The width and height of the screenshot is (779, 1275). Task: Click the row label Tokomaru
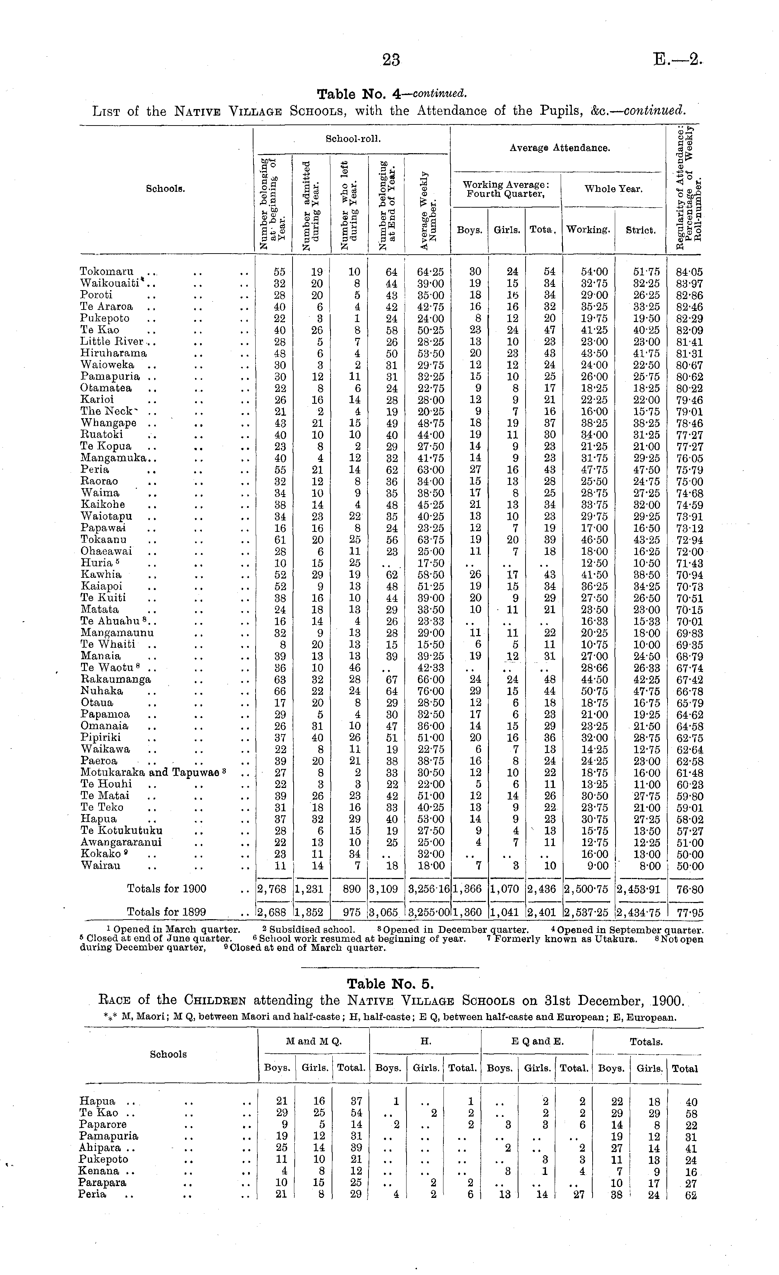click(x=106, y=271)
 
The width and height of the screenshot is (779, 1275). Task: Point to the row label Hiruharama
click(x=114, y=353)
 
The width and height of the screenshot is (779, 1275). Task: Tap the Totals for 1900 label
click(x=167, y=889)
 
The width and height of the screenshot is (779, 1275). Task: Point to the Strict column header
click(x=640, y=230)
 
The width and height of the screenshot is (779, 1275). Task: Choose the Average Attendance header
click(x=560, y=148)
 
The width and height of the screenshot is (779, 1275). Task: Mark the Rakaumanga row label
click(x=116, y=679)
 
